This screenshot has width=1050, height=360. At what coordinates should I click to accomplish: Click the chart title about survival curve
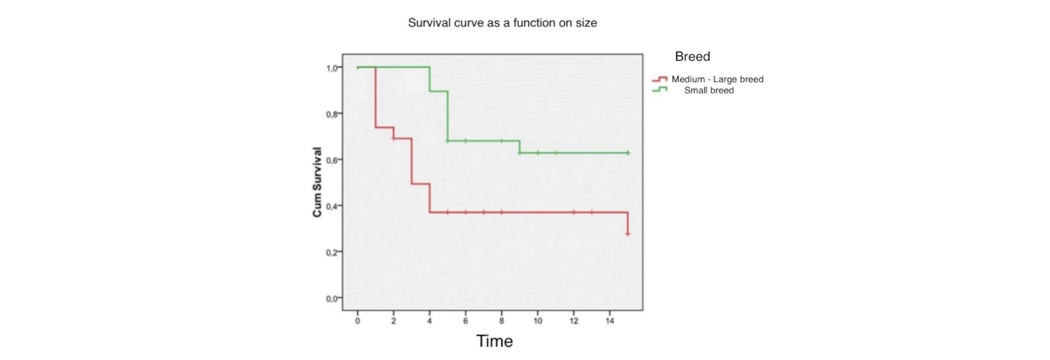point(502,23)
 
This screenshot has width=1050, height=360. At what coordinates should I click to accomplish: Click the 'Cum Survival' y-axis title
point(317,182)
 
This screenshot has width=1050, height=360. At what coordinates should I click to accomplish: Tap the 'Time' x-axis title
point(495,341)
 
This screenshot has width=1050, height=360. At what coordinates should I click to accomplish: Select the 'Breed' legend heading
point(692,57)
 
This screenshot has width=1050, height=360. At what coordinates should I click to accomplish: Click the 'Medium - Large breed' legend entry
point(717,80)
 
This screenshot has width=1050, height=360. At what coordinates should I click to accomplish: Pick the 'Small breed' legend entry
point(708,90)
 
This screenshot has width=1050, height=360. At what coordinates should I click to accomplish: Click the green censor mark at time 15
point(627,153)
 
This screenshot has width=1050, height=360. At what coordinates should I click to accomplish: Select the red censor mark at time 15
point(627,233)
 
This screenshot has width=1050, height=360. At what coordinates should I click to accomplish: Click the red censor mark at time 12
point(574,212)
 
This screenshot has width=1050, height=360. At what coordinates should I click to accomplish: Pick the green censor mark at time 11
point(555,153)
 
